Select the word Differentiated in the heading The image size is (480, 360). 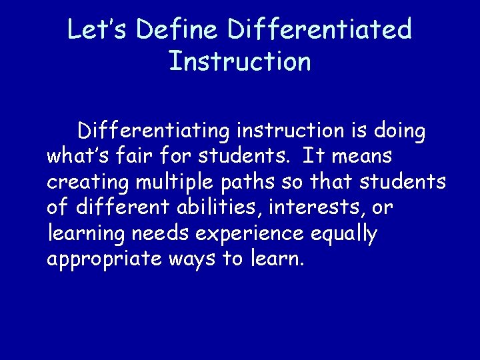[320, 30]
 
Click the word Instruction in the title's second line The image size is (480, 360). [240, 61]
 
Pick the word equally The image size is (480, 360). [343, 234]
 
